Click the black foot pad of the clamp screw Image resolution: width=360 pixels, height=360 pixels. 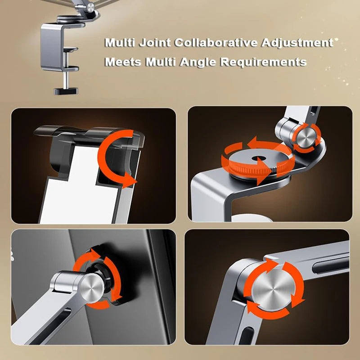[66, 91]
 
